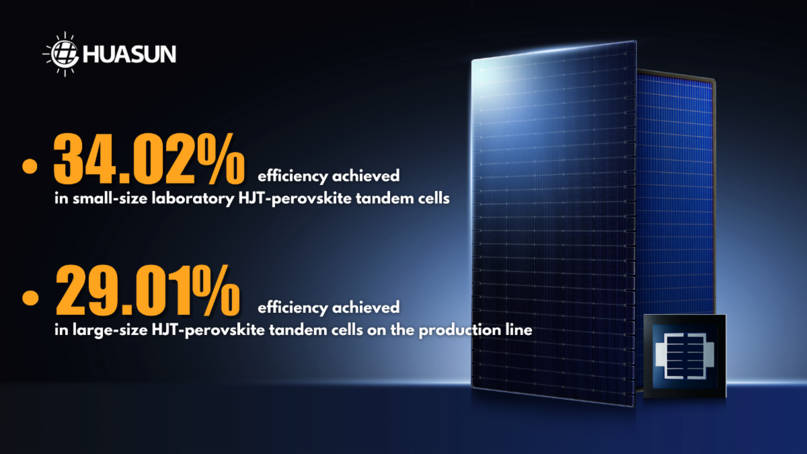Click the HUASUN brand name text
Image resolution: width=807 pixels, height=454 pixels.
pyautogui.click(x=130, y=54)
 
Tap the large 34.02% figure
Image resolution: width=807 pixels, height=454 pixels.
pyautogui.click(x=149, y=159)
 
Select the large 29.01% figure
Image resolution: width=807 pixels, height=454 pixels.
pyautogui.click(x=148, y=291)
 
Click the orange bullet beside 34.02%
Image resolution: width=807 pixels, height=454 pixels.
pyautogui.click(x=30, y=166)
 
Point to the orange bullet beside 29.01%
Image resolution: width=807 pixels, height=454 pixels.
pyautogui.click(x=30, y=298)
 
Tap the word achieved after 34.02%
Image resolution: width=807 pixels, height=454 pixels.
pyautogui.click(x=366, y=176)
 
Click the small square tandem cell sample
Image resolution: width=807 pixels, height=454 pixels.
pyautogui.click(x=685, y=356)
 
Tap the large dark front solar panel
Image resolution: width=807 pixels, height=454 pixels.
pyautogui.click(x=553, y=223)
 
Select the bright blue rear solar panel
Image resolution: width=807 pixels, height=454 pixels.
pyautogui.click(x=675, y=194)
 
